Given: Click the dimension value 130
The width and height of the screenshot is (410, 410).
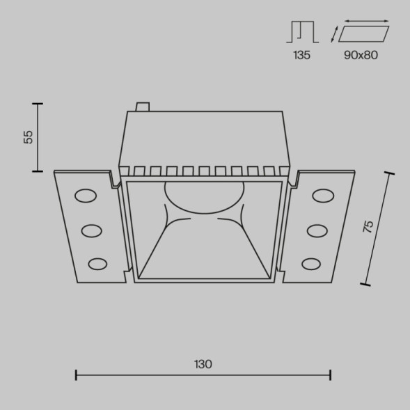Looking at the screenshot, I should (203, 364).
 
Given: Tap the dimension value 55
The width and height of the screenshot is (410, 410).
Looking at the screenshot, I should (29, 136).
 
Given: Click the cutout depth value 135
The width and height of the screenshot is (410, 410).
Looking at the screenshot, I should (301, 55).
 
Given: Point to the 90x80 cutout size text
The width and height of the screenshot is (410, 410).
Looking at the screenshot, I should (360, 55).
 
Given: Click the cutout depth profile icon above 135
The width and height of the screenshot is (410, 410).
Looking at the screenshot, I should (301, 32).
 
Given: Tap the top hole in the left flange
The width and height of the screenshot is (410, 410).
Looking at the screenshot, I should (86, 196).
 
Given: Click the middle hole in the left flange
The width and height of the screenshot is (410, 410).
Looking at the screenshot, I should (92, 229).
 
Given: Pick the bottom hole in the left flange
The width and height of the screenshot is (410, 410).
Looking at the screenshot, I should (98, 263).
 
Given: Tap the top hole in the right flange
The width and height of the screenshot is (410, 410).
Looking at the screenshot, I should (323, 196).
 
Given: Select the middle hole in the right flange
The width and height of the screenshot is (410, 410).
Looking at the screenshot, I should (317, 229).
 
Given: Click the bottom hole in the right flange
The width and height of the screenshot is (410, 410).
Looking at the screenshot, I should (312, 263).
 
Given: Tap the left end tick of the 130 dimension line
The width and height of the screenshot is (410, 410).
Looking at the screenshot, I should (76, 375).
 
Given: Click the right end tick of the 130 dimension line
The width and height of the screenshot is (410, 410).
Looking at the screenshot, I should (330, 375).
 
